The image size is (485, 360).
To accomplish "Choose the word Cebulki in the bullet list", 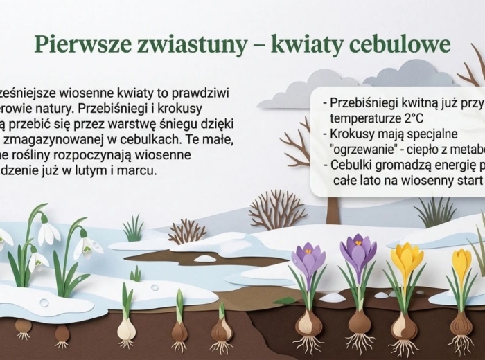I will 350,165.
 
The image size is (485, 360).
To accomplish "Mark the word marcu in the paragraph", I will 151,170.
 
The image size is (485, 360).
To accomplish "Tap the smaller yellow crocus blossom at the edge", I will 461,263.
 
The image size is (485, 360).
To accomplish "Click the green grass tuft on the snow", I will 133,229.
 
